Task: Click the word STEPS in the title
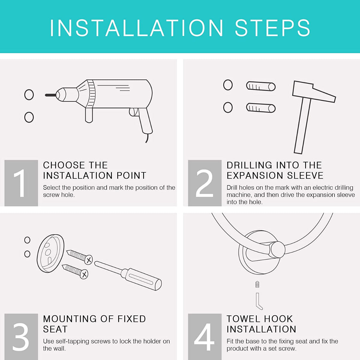tap(272, 28)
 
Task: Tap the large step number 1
tap(20, 183)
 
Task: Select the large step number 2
tap(204, 183)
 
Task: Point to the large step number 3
tap(21, 337)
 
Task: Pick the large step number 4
tap(204, 337)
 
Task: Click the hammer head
tap(314, 91)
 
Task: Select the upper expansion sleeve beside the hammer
tap(261, 86)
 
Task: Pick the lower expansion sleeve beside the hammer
tap(261, 108)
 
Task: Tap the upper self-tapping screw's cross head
tap(88, 260)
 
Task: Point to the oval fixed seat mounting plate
tap(51, 253)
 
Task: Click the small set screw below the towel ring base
tap(257, 284)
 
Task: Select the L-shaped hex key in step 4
tap(259, 301)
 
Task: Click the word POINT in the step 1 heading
tap(131, 175)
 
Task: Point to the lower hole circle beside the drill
tap(29, 117)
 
